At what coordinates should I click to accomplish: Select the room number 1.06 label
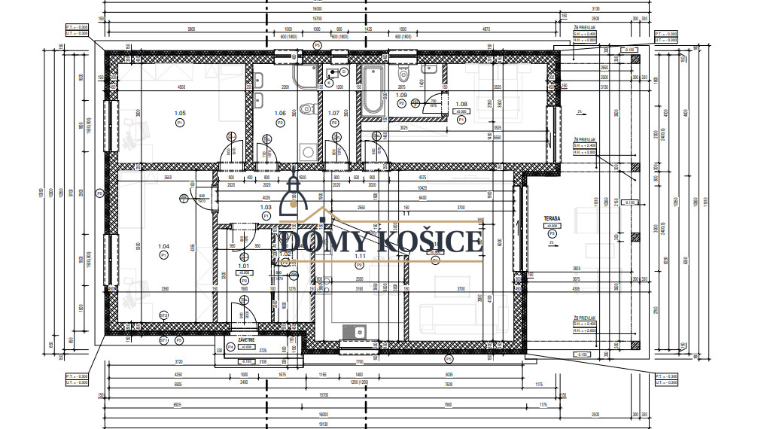(280, 113)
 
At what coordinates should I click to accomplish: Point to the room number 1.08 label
(462, 104)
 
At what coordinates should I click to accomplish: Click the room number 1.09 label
(401, 96)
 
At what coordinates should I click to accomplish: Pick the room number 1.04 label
(163, 246)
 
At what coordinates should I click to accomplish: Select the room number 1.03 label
(265, 207)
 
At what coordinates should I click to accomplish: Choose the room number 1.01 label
(243, 265)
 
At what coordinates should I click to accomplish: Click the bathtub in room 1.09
(373, 91)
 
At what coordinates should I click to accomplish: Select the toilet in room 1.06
(306, 110)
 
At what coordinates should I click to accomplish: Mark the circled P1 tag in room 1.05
(180, 122)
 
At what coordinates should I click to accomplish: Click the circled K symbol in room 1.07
(329, 82)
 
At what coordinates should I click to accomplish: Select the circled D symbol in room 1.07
(343, 71)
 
